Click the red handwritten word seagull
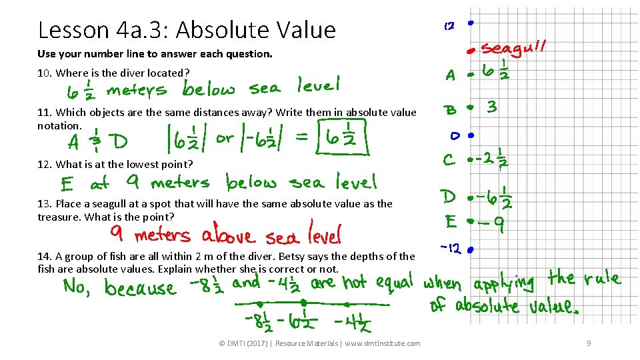[515, 49]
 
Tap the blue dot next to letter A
[470, 74]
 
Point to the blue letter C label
[449, 160]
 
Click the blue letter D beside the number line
[449, 197]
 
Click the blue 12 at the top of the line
[449, 26]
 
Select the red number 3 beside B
[492, 107]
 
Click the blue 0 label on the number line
[453, 136]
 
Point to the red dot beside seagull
[470, 50]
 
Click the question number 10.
[45, 73]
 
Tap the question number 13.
[45, 204]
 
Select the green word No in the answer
[77, 287]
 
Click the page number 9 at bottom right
[589, 343]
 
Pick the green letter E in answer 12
[67, 183]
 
